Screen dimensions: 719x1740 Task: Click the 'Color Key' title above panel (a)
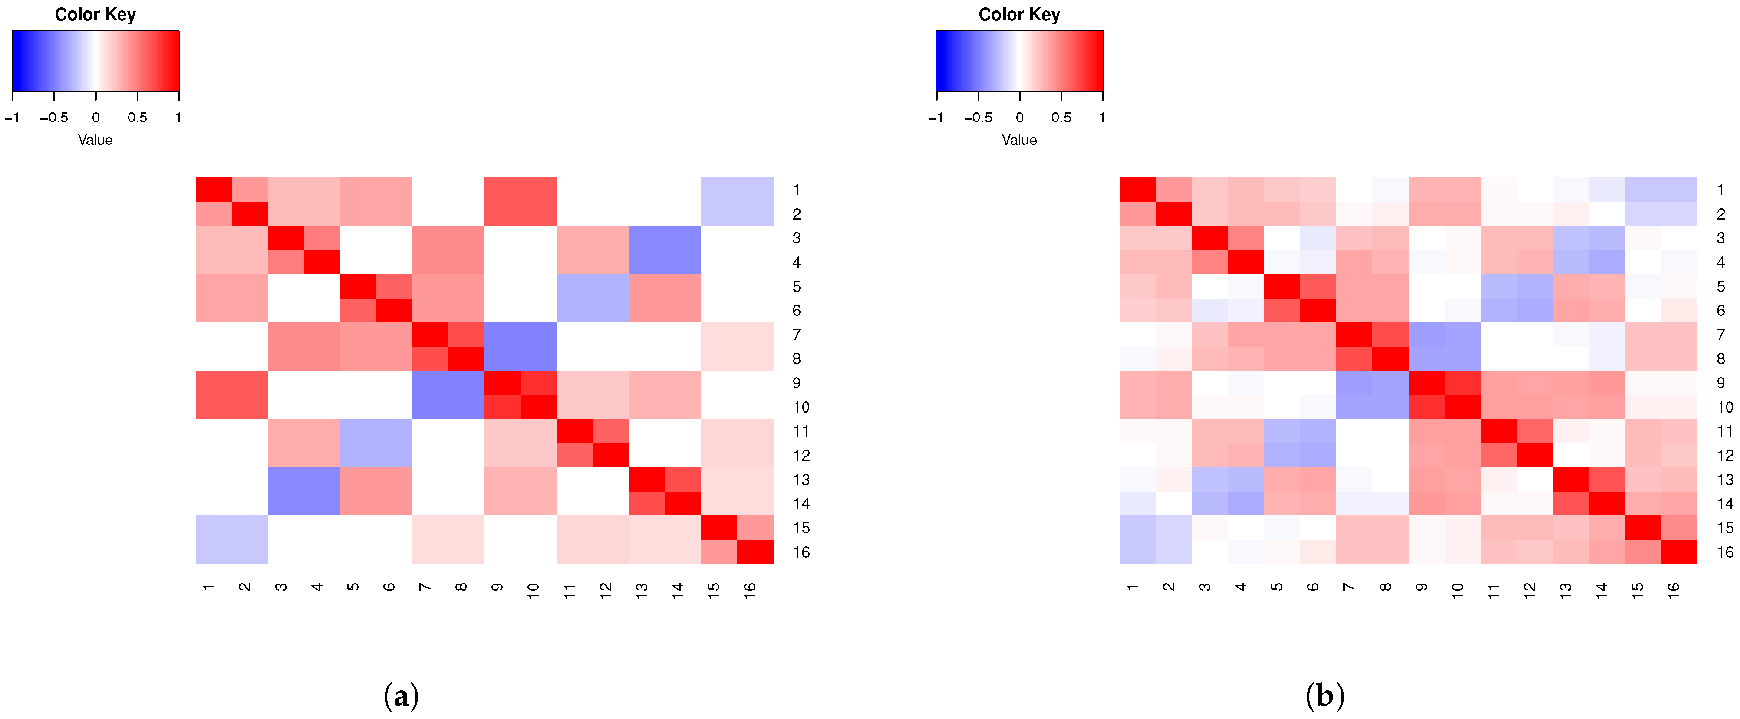coord(95,15)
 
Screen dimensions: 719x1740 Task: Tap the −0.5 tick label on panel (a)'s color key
coord(53,118)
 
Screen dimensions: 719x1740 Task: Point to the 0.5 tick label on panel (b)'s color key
coord(1061,118)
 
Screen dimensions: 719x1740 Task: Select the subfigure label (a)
coord(401,696)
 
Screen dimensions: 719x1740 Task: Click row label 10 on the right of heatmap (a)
coord(801,407)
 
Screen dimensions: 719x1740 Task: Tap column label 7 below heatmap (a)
coord(425,588)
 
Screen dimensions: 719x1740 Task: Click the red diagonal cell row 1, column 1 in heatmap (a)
coord(214,189)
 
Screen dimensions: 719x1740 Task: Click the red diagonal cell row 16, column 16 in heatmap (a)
coord(755,552)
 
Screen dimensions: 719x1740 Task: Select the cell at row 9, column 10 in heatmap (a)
coord(538,383)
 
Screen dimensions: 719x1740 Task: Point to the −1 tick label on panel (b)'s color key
coord(936,118)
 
